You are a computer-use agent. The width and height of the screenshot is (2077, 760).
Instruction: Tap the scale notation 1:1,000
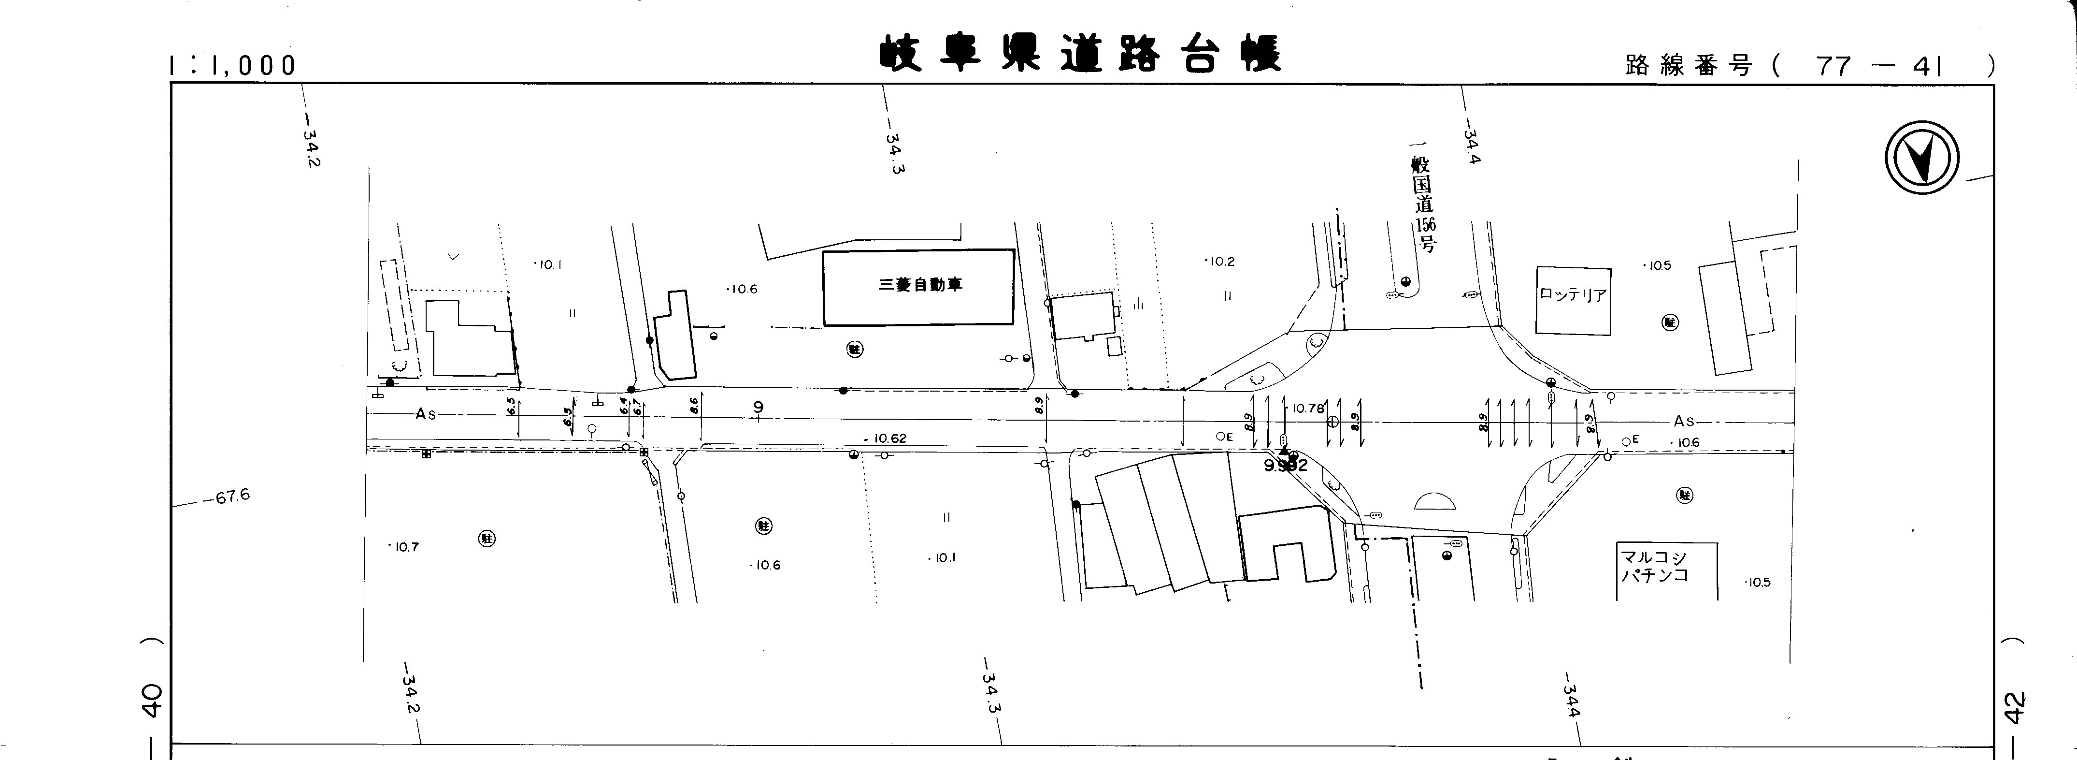coord(232,65)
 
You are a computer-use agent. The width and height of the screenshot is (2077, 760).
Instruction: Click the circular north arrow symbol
coord(1921,157)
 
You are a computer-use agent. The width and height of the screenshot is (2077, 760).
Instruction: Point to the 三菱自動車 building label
coord(920,285)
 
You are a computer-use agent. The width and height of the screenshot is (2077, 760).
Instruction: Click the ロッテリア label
coord(1572,295)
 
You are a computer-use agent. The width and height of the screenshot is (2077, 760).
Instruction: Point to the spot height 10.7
coord(405,547)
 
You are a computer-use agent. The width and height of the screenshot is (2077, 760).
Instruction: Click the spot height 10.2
coord(1221,262)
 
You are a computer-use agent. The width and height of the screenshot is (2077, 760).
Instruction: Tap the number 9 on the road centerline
coord(758,408)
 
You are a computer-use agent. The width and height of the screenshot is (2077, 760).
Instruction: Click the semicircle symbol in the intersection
coord(1436,502)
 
